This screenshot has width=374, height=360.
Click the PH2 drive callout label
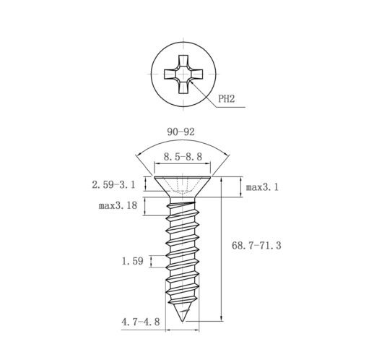[x=226, y=98]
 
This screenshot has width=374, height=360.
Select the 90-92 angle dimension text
[x=181, y=132]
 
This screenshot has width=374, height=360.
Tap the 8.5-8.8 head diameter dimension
[x=183, y=157]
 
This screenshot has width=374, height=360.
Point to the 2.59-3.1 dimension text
[x=113, y=185]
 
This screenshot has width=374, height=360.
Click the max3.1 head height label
[x=262, y=187]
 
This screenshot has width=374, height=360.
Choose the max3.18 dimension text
[x=118, y=205]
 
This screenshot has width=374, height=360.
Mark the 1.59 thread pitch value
[x=133, y=261]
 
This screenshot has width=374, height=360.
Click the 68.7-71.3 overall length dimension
[x=256, y=246]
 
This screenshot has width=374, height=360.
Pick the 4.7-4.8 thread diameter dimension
[x=141, y=322]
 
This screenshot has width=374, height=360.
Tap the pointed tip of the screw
[x=183, y=321]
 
